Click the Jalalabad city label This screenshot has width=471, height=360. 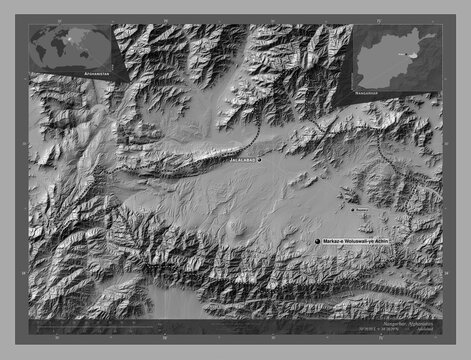coord(237,159)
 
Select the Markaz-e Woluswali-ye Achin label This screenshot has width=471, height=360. coord(361,242)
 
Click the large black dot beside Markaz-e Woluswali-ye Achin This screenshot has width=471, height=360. coord(317,242)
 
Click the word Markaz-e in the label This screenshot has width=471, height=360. coord(335,242)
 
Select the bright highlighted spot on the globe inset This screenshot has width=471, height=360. coord(72,40)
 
